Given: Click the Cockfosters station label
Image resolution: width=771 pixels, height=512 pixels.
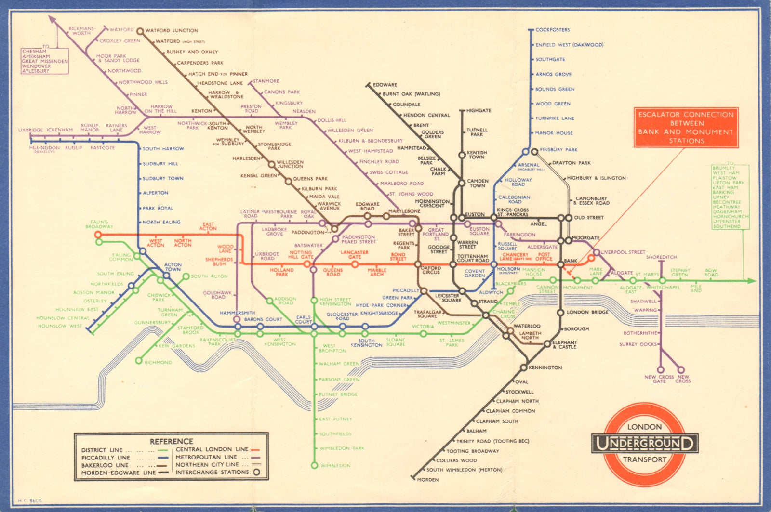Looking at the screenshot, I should pos(552,30).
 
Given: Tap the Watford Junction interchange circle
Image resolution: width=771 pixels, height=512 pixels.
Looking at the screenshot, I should pos(140,31).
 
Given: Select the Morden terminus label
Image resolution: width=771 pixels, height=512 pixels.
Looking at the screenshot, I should pos(427,480).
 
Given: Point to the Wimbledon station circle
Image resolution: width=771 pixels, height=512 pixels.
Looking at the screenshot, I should pos(314,465).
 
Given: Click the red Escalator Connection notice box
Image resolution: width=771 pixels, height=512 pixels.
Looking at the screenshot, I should pos(686,128).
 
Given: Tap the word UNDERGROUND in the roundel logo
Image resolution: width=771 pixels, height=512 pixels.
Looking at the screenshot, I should pos(644,444).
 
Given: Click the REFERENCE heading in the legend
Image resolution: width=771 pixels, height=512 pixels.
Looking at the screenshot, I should pos(171,441).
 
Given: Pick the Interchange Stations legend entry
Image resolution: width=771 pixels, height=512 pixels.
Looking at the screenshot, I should pos(212,473).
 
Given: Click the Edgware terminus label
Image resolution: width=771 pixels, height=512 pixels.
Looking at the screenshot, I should pos(385,85).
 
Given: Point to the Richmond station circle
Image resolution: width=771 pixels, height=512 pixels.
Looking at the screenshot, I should pos(139,361).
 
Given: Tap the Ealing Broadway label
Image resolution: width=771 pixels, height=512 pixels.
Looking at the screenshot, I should pos(99,224).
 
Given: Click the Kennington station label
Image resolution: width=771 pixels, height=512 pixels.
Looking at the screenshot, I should pos(545,368).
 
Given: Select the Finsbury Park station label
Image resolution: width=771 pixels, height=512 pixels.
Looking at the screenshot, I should pos(558,150).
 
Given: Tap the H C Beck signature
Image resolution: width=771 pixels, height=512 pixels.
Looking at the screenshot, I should pos(30,501).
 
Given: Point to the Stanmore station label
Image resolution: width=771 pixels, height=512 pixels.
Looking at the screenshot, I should pos(266,81).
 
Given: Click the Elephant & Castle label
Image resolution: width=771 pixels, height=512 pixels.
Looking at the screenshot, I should pos(564,344).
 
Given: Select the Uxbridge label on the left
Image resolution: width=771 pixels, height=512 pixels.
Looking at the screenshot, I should pos(30,130).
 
